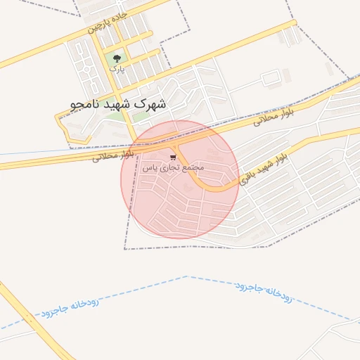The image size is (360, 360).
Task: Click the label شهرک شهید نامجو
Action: [x=119, y=104]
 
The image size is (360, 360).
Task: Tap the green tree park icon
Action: [x=117, y=58]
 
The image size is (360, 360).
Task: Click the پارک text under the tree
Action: [x=117, y=69]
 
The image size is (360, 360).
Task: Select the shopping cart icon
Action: [x=173, y=157]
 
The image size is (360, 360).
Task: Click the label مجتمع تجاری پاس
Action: [x=173, y=168]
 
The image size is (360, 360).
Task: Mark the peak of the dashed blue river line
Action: [x=187, y=276]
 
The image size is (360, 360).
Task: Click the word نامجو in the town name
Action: [x=83, y=104]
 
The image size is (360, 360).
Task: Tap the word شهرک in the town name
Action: [x=152, y=104]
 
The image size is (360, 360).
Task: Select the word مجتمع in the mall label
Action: [x=193, y=168]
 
